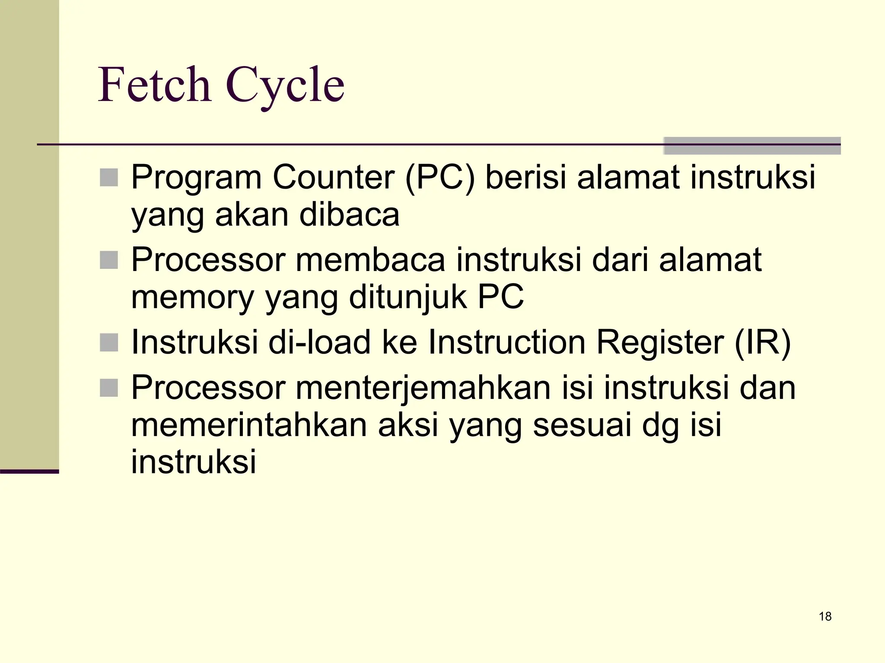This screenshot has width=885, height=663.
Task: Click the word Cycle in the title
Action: [285, 86]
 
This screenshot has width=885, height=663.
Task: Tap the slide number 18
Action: [825, 616]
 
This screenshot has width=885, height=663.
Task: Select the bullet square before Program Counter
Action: [109, 177]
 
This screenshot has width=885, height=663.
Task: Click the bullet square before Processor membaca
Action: [109, 260]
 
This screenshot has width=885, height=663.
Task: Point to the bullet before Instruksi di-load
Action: [109, 343]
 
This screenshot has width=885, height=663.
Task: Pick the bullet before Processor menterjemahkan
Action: [109, 388]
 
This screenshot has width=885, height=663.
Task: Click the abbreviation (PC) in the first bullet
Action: [440, 177]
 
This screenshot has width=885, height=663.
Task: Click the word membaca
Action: [370, 260]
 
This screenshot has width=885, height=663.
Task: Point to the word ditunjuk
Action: [408, 298]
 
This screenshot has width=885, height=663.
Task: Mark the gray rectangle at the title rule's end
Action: [752, 146]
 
